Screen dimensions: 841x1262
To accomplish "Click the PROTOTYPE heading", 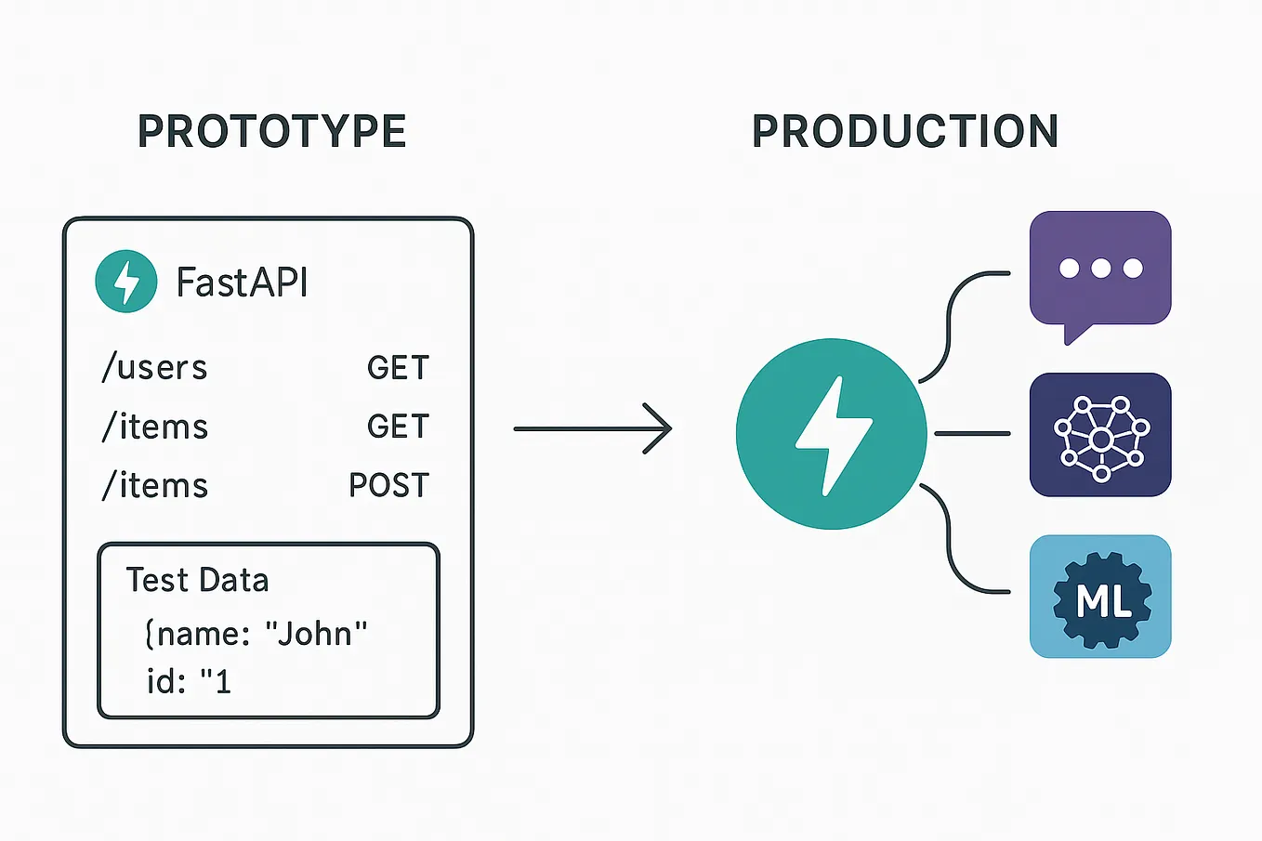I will coord(272,132).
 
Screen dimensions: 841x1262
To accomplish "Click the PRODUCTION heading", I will coord(905,132).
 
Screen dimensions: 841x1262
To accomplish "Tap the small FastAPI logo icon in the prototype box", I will coord(125,281).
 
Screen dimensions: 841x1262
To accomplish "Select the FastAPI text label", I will coord(242,283).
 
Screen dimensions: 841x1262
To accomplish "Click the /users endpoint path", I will coord(154,368).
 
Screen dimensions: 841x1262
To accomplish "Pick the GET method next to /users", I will coord(398,368).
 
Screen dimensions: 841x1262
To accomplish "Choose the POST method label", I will coord(388,485).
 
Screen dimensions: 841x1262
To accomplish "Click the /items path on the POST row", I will coord(154,485).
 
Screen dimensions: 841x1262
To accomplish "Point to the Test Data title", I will coord(197,580).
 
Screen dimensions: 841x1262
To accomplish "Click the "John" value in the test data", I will coord(316,634).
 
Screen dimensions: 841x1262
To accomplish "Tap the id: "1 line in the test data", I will coord(189,682).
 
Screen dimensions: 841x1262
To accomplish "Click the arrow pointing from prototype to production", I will coord(592,428).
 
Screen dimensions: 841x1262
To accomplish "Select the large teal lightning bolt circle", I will coord(831,434).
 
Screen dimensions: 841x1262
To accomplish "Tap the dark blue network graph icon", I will coord(1100,435).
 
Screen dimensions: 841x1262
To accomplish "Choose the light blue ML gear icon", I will coord(1100,597).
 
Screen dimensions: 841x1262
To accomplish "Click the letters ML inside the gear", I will coord(1103,601).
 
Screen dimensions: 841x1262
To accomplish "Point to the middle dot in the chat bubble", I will coord(1101,269).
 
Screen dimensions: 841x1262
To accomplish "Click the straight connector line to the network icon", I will coord(972,434).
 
